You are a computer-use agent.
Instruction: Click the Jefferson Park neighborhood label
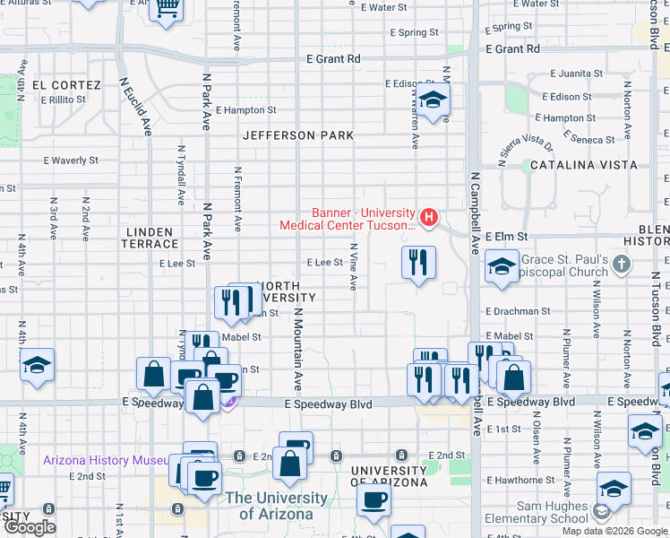pos(298,135)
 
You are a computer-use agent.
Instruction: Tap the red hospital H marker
pos(430,217)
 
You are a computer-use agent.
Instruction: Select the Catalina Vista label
pos(583,165)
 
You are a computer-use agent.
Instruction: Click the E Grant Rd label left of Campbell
pos(332,59)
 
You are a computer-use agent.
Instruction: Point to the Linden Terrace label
pos(150,238)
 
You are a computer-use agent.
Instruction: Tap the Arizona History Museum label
pos(106,460)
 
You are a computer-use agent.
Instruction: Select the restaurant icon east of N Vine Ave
pos(418,263)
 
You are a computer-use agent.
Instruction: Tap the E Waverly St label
pos(71,161)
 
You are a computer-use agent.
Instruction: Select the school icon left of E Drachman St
pos(502,265)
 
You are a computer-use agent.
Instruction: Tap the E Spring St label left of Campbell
pos(414,33)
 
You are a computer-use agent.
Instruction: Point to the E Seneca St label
pos(588,140)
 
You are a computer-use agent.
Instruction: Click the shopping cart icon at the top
pos(166,7)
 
